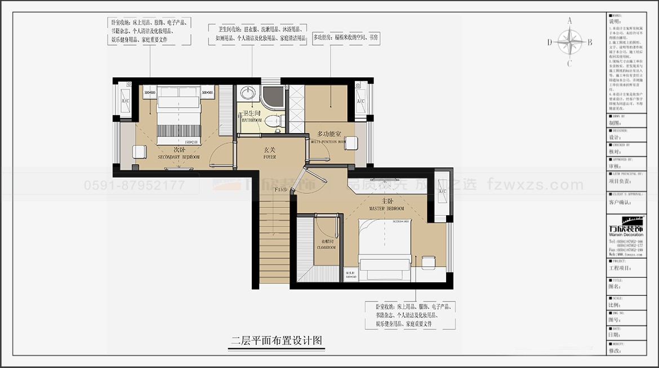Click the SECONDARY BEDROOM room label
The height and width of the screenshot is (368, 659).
point(179,153)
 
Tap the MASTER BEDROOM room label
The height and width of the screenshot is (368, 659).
point(386,205)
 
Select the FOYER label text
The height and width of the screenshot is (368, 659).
point(270,154)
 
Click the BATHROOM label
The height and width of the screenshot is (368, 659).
point(252,117)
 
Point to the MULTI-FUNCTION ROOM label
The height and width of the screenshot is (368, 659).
point(329,137)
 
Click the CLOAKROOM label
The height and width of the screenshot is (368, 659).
point(326,243)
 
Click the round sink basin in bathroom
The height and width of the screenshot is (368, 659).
point(246,93)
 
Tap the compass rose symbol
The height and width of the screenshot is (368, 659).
point(570,42)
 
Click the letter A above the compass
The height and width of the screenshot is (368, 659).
point(570,21)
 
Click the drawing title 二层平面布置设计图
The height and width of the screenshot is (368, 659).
point(277,340)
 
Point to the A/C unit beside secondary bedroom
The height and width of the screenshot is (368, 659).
point(125,100)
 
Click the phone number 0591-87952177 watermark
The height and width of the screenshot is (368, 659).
point(134,185)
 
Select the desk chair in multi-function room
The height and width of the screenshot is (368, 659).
point(351,143)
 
